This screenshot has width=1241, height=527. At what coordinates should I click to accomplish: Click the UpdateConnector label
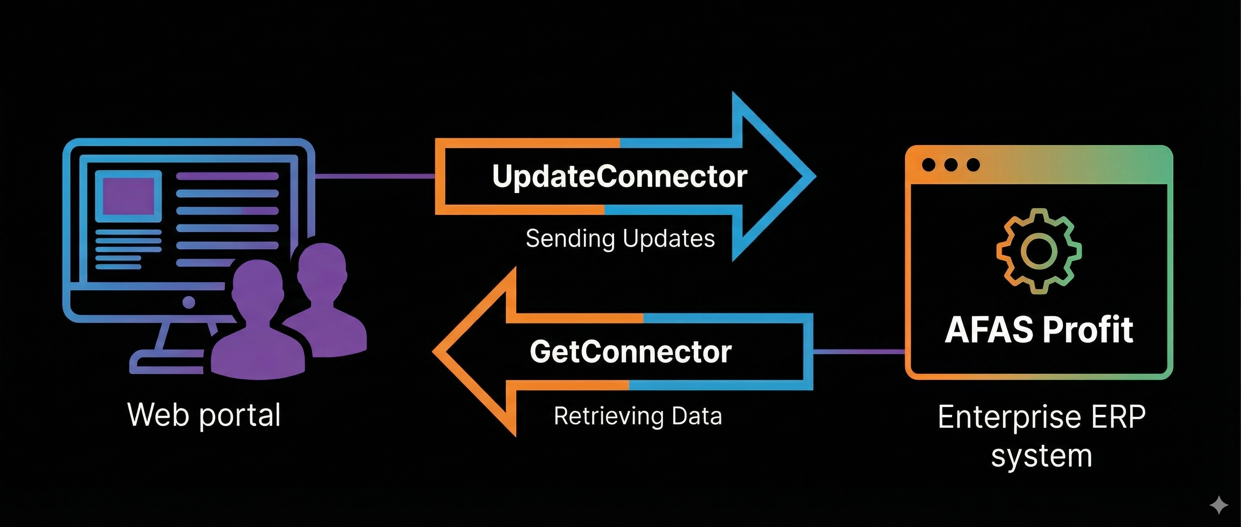click(620, 176)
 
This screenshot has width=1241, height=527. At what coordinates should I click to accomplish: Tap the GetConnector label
click(631, 352)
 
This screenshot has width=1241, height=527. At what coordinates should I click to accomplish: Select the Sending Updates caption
click(620, 239)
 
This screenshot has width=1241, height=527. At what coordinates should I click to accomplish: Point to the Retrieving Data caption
click(638, 416)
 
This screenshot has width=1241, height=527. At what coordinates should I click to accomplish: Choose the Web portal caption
click(204, 415)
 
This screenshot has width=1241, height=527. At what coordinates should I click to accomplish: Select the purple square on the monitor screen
click(128, 196)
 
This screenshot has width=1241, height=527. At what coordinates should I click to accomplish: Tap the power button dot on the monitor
click(189, 302)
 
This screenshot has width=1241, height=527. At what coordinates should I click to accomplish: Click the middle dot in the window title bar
click(950, 164)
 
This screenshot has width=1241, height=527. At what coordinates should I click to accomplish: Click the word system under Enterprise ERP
click(1041, 456)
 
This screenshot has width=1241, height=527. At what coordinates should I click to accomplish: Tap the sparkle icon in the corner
click(1219, 505)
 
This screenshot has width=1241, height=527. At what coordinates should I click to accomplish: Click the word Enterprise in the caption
click(1011, 418)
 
